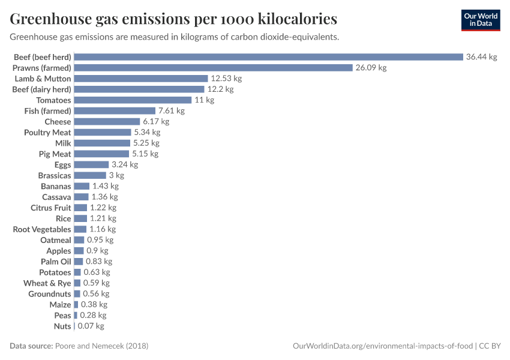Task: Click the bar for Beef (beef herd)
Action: click(x=268, y=57)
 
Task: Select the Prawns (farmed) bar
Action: click(x=213, y=68)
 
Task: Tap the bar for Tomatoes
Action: click(x=133, y=100)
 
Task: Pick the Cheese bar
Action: click(x=107, y=122)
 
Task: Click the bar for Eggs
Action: click(x=91, y=164)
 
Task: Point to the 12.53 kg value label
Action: click(x=226, y=79)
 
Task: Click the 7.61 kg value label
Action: click(x=171, y=111)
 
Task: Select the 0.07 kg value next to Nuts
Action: click(x=91, y=326)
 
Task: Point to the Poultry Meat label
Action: click(x=47, y=132)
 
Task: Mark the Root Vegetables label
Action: click(x=42, y=229)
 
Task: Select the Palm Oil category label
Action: click(x=56, y=262)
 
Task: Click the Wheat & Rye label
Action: click(x=47, y=283)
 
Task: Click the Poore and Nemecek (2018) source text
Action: click(x=101, y=346)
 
